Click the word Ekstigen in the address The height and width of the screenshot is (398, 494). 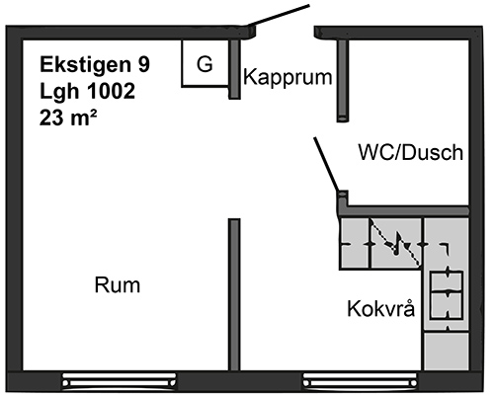[x=85, y=64]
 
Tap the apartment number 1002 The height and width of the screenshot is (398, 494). [x=111, y=91]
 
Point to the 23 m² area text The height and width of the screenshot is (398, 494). [x=68, y=118]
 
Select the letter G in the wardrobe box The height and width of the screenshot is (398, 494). [x=205, y=64]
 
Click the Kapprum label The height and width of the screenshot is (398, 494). [x=288, y=78]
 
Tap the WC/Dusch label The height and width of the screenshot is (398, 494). [x=411, y=152]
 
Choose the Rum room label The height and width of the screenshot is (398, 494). [x=118, y=285]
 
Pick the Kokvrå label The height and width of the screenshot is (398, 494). [x=381, y=308]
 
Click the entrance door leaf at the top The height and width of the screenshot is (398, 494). [x=279, y=15]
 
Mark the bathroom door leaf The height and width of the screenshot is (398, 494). [x=326, y=164]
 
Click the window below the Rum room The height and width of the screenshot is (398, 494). [x=120, y=381]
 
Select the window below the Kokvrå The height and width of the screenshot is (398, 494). [x=360, y=381]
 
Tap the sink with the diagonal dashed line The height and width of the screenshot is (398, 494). [x=396, y=243]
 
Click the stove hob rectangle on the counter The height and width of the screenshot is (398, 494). [x=447, y=295]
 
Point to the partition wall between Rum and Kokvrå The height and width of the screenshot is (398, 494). [x=234, y=294]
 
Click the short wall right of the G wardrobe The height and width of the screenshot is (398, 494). [x=234, y=69]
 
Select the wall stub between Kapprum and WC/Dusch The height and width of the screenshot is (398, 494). [x=343, y=81]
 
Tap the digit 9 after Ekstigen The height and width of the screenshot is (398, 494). [x=144, y=64]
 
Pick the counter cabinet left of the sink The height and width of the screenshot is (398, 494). [x=355, y=243]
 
